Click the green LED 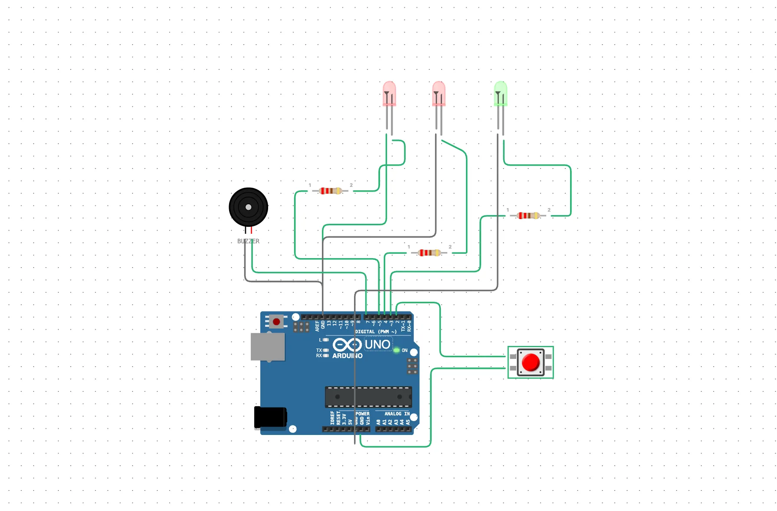500,93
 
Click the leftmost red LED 389,93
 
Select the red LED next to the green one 439,93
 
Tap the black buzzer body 248,207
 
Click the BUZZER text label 248,241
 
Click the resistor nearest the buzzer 331,191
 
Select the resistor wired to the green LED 528,216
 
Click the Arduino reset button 276,322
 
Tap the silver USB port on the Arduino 267,347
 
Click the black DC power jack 270,417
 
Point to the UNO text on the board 377,345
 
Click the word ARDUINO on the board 347,356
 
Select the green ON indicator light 397,350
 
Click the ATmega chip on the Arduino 368,397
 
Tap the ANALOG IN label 397,414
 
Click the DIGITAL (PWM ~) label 376,332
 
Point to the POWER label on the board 362,414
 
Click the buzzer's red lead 251,230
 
